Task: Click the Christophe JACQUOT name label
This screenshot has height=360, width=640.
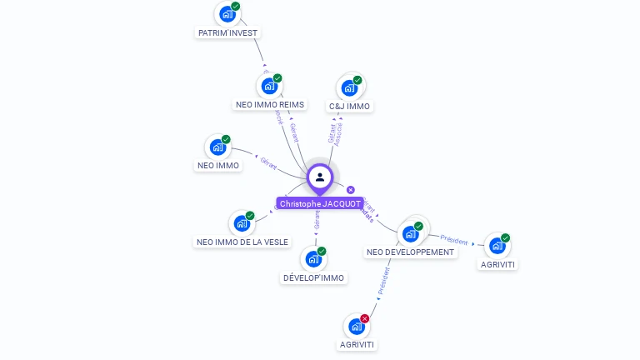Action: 320,203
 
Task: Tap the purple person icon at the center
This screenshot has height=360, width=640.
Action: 320,177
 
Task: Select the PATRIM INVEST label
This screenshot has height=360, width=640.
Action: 228,32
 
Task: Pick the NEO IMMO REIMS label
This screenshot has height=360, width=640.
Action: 270,105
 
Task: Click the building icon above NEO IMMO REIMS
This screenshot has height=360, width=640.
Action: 268,86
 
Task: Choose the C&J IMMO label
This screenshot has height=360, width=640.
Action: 349,106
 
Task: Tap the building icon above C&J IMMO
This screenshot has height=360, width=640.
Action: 349,87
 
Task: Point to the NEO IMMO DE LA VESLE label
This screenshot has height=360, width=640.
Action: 242,242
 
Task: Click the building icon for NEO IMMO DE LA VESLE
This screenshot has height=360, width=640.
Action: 241,223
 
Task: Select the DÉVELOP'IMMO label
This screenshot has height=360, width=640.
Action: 313,277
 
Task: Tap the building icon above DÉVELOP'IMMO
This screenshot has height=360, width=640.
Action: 313,259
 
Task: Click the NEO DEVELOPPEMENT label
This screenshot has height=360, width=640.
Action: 411,252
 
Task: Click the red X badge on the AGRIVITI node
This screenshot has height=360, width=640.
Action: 365,318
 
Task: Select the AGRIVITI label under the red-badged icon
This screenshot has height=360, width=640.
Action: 357,344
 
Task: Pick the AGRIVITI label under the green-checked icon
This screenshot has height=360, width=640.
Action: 497,264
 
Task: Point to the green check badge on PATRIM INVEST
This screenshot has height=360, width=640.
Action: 235,6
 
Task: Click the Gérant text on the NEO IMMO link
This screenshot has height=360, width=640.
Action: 268,162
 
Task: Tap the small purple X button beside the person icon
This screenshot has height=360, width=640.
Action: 351,190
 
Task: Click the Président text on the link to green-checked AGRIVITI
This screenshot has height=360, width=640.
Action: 454,240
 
